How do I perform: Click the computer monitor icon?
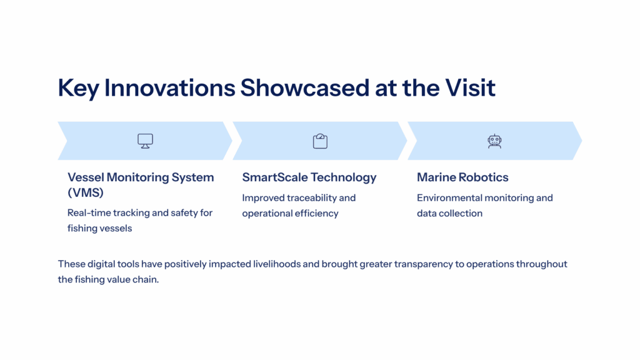tap(145, 141)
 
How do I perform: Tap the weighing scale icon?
tap(321, 141)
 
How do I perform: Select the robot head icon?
tap(495, 141)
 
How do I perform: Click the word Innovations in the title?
tap(170, 87)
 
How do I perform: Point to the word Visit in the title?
tap(470, 87)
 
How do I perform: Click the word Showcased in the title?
tap(305, 87)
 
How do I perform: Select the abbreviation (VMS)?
tap(85, 192)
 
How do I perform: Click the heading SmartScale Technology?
tap(309, 177)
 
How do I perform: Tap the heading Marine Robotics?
tap(462, 177)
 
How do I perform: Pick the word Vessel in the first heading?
tap(85, 177)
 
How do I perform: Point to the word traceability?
tap(311, 198)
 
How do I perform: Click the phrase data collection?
tap(449, 213)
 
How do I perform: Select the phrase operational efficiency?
tap(290, 214)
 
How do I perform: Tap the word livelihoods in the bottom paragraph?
tap(277, 264)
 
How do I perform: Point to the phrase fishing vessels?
tap(99, 228)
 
